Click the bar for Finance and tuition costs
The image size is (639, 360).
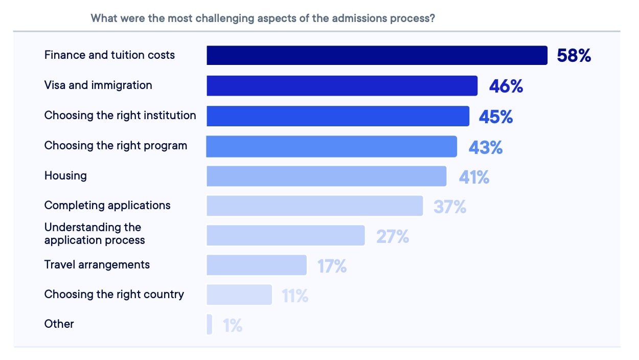(x=377, y=55)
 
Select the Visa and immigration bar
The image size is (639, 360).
(x=342, y=86)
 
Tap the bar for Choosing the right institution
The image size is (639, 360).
(x=338, y=116)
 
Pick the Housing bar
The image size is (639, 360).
(x=326, y=176)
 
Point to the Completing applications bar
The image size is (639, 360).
(x=314, y=206)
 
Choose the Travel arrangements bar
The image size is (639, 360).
(x=257, y=265)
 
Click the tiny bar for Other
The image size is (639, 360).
(x=210, y=325)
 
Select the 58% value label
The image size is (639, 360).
(x=574, y=56)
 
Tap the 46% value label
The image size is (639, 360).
(x=506, y=86)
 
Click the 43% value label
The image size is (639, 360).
(x=486, y=148)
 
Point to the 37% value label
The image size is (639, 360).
(x=450, y=207)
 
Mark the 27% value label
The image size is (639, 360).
(x=393, y=237)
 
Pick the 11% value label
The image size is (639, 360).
(x=295, y=296)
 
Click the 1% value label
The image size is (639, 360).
(x=233, y=326)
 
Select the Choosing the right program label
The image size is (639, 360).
(x=116, y=146)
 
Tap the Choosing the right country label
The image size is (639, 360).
(x=114, y=295)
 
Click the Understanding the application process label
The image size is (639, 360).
(x=95, y=234)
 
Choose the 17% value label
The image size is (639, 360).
(x=332, y=266)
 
